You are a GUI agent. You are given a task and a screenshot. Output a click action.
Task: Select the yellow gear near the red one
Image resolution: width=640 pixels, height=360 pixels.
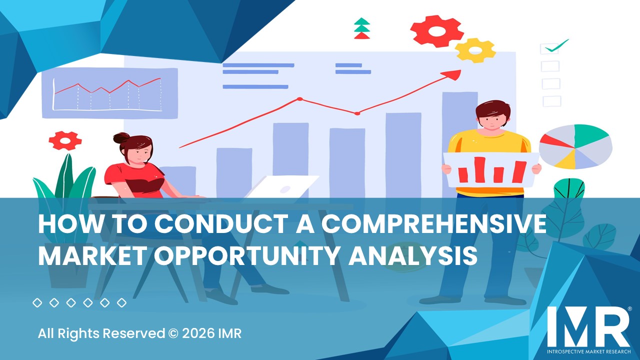[x=475, y=50]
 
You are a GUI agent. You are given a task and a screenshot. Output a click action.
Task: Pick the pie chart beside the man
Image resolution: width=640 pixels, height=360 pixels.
[x=575, y=146]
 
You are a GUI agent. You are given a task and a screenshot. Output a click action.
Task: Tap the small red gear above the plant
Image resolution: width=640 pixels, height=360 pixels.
[x=65, y=140]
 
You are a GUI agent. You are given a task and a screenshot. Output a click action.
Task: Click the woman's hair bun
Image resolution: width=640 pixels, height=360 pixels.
[x=121, y=138]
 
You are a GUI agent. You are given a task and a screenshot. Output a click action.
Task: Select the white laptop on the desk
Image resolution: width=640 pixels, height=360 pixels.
[x=282, y=187]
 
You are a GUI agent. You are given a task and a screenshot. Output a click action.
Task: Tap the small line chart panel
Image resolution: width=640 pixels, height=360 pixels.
[x=109, y=93]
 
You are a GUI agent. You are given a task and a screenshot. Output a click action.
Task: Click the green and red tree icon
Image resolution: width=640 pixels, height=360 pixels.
[x=361, y=28]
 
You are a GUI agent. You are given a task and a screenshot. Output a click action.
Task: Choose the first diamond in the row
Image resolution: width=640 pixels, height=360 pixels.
[x=37, y=302]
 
